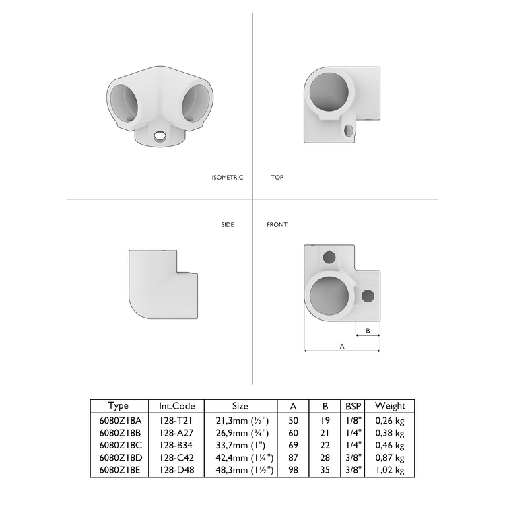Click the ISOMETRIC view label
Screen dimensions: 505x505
227,178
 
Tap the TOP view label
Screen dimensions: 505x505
277,178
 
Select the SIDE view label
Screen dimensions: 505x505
228,224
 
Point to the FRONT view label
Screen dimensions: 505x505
277,224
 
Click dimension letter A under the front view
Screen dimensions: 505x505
342,346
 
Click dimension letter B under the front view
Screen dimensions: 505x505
368,331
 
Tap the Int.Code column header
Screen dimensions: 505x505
177,406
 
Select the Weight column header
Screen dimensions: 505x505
390,406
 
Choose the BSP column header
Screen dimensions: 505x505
352,406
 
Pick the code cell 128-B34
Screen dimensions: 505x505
177,445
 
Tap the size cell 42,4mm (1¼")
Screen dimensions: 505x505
240,458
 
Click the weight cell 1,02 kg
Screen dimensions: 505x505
390,470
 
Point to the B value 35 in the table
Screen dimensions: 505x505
326,470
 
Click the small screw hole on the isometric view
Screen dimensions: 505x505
160,137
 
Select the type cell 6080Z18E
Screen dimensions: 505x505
119,470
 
